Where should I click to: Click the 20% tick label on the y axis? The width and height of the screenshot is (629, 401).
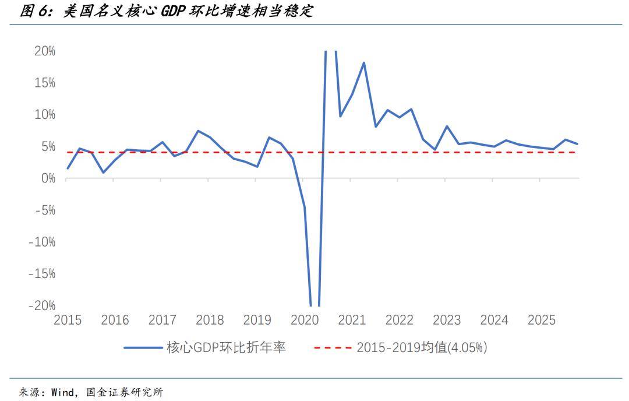pyautogui.click(x=44, y=51)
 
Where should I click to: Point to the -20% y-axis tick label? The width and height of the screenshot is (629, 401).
pyautogui.click(x=42, y=305)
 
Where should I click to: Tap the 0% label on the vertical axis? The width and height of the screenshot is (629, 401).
pyautogui.click(x=47, y=178)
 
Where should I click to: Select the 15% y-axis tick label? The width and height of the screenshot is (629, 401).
pyautogui.click(x=44, y=83)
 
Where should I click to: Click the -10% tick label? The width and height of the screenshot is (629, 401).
pyautogui.click(x=42, y=242)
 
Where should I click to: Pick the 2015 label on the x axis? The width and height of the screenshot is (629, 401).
pyautogui.click(x=67, y=320)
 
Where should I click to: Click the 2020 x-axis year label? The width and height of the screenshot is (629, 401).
pyautogui.click(x=305, y=320)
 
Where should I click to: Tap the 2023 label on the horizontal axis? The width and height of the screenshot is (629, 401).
pyautogui.click(x=447, y=320)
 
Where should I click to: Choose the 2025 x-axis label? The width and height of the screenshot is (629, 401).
pyautogui.click(x=542, y=320)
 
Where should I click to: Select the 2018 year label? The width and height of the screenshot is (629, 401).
pyautogui.click(x=210, y=320)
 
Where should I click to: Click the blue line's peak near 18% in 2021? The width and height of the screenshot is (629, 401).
pyautogui.click(x=364, y=62)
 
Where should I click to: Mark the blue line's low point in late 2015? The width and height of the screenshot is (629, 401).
pyautogui.click(x=103, y=173)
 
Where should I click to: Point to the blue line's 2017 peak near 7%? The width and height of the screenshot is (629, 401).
pyautogui.click(x=198, y=131)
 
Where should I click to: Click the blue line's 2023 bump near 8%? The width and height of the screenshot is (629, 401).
pyautogui.click(x=447, y=126)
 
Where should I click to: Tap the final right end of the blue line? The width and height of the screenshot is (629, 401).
pyautogui.click(x=577, y=144)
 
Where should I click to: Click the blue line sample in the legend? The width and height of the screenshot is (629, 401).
pyautogui.click(x=143, y=348)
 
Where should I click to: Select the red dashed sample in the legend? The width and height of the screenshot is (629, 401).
pyautogui.click(x=333, y=348)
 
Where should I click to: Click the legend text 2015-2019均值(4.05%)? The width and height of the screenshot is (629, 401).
pyautogui.click(x=422, y=348)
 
